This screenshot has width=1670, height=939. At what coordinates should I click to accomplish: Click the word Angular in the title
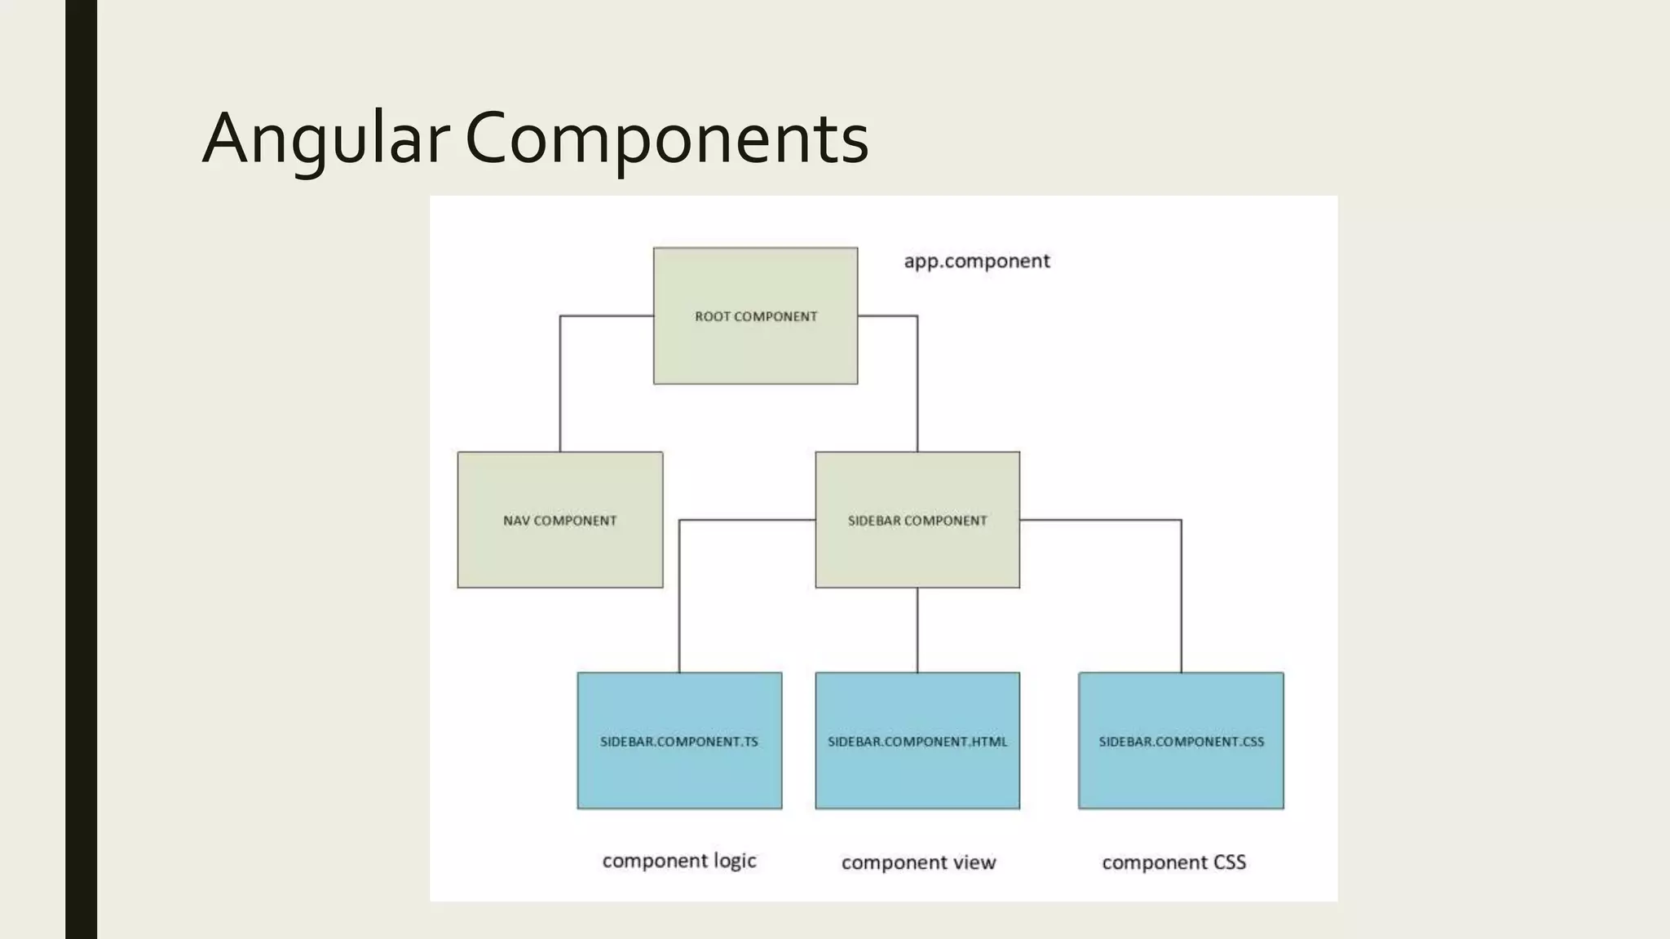(325, 139)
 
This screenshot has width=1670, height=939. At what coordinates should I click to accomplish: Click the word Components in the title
(666, 139)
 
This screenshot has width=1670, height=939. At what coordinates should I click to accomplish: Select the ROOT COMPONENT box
(755, 350)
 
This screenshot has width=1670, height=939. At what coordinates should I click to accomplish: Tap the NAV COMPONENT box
(559, 554)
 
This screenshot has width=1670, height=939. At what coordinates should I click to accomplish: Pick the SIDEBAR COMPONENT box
(917, 554)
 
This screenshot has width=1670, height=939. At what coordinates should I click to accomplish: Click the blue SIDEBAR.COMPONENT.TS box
(679, 774)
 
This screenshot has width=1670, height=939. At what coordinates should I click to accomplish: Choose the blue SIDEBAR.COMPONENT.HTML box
(917, 774)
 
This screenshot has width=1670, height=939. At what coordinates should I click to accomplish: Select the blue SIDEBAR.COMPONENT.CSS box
(1181, 774)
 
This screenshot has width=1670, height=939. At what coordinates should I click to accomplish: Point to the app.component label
(977, 261)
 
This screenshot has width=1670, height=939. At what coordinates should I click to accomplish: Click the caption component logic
(679, 862)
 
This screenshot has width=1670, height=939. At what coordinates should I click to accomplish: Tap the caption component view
(918, 862)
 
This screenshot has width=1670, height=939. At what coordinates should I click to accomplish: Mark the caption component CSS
(1173, 862)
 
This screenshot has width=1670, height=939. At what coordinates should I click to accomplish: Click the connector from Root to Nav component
(560, 383)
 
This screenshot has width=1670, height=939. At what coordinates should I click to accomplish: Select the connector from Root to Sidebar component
(917, 383)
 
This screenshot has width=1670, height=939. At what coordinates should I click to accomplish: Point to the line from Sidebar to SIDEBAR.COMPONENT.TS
(679, 595)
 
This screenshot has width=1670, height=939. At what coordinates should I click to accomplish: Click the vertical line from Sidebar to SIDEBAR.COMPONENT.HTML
(917, 630)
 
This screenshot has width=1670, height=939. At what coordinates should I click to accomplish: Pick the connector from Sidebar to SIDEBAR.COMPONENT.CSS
(1181, 595)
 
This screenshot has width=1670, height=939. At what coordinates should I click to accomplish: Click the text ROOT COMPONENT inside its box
(755, 316)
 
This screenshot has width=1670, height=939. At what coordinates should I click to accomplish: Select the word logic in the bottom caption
(735, 862)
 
